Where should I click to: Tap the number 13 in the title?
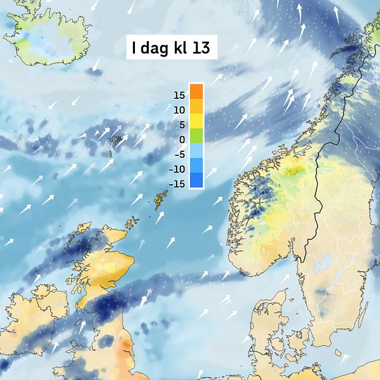click(x=201, y=47)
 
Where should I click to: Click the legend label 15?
click(x=179, y=96)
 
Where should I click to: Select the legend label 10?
click(x=179, y=110)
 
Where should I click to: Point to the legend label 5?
click(x=181, y=125)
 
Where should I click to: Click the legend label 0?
click(x=181, y=139)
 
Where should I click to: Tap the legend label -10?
click(x=177, y=169)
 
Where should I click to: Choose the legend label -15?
click(x=177, y=184)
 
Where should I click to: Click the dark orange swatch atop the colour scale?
click(x=196, y=91)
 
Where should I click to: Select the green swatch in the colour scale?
click(x=196, y=135)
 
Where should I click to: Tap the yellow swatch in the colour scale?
click(x=196, y=120)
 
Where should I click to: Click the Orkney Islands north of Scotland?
click(x=132, y=223)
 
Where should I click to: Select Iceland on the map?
click(x=47, y=38)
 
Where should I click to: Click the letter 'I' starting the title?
click(x=135, y=47)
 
